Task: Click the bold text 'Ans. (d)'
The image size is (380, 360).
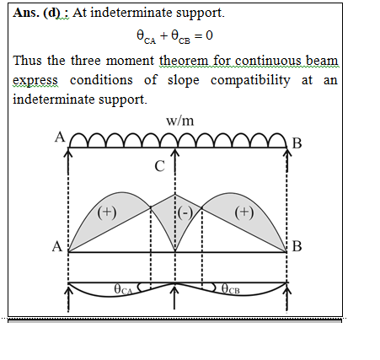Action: [x=36, y=13]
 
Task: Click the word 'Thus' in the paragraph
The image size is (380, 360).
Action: [x=27, y=61]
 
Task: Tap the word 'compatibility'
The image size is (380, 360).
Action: [x=250, y=81]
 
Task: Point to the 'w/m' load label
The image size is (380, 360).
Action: [x=179, y=121]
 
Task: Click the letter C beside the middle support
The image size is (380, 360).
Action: [x=159, y=166]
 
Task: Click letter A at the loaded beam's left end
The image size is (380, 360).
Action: [x=60, y=137]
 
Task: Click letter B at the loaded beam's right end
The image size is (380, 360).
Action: [x=297, y=143]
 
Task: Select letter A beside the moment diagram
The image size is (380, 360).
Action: [x=57, y=246]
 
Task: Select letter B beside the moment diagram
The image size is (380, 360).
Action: [x=297, y=246]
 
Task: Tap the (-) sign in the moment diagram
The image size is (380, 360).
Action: [x=185, y=212]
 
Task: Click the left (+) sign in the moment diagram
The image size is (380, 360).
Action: [x=107, y=212]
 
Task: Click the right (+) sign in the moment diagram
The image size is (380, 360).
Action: [x=244, y=212]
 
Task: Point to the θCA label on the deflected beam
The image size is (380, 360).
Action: [x=123, y=289]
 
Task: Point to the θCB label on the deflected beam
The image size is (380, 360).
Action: [x=230, y=288]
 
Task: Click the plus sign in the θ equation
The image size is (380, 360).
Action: [x=164, y=35]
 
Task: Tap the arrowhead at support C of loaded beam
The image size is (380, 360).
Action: [x=175, y=153]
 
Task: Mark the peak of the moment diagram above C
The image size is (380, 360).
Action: [x=175, y=194]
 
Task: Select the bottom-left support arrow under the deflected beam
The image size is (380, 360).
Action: [x=68, y=298]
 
